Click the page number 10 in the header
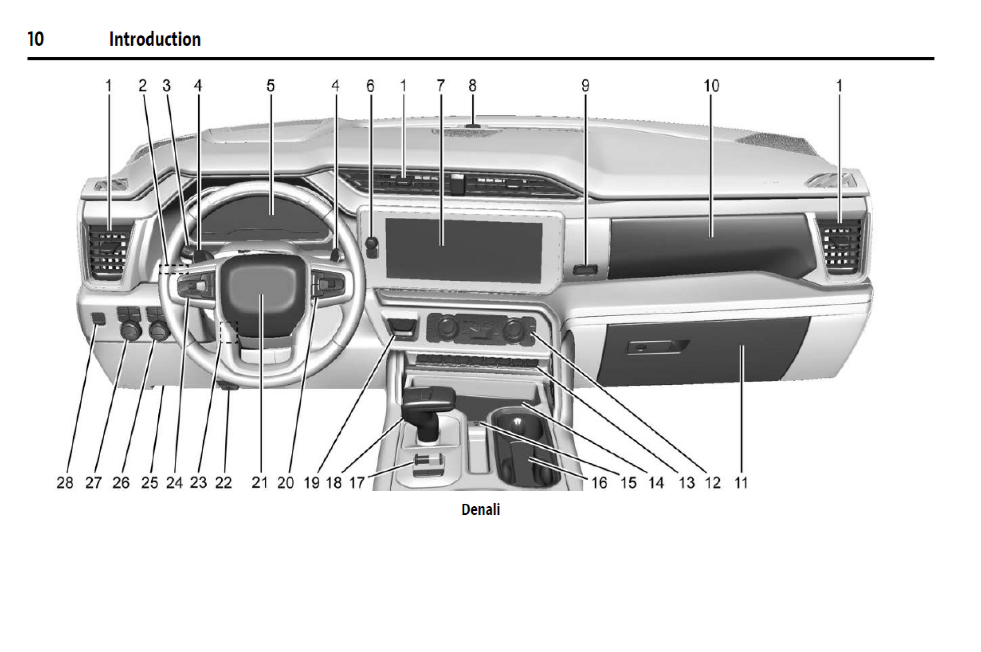pos(36,39)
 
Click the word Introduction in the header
pos(155,39)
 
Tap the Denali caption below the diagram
pos(480,509)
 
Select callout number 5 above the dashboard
pos(271,86)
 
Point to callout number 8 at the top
pos(472,86)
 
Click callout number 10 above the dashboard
pos(711,86)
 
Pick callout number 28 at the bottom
pos(65,483)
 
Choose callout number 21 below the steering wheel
pos(259,483)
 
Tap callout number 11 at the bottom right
pos(741,483)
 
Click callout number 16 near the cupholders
pos(599,483)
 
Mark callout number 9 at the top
pos(585,86)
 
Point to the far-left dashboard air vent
pos(108,251)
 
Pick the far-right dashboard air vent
pos(839,246)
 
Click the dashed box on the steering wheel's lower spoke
pos(230,332)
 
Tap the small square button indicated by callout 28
pos(98,319)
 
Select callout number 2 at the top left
pos(143,86)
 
